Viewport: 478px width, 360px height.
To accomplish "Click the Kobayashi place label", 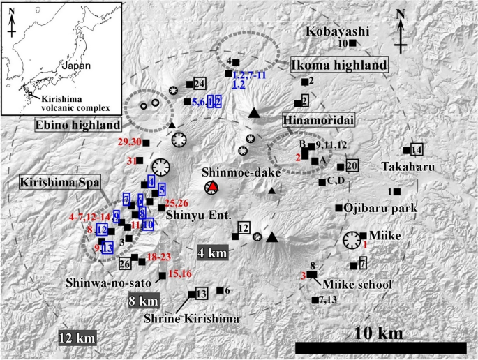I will pos(334,32).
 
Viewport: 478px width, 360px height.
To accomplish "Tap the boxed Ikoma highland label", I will pos(338,65).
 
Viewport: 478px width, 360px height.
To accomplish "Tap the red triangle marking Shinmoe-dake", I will pos(212,188).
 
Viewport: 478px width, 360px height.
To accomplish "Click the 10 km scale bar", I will pos(381,347).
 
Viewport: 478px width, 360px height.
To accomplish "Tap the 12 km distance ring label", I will pos(77,338).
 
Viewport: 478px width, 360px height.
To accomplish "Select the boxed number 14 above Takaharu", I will pos(417,150).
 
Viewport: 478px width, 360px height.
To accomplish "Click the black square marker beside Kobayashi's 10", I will pos(353,43).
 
